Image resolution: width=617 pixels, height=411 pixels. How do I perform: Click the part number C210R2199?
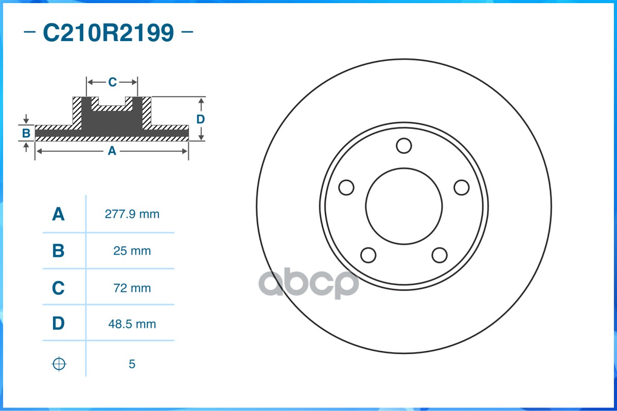click(108, 33)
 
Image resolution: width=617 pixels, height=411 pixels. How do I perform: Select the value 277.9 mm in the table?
click(132, 214)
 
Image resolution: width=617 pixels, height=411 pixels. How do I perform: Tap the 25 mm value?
click(132, 251)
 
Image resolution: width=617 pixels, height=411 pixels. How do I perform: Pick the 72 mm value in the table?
click(132, 288)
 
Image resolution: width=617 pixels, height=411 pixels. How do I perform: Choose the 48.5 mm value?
click(132, 325)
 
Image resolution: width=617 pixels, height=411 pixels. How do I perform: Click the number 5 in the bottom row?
click(132, 364)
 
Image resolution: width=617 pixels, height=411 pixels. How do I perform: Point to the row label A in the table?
click(58, 214)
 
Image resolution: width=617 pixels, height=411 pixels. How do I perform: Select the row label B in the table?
click(58, 251)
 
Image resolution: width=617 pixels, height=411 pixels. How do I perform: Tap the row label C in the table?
click(58, 288)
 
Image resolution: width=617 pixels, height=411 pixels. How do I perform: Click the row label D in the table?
click(58, 324)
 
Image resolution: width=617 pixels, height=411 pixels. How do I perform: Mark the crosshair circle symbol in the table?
click(59, 364)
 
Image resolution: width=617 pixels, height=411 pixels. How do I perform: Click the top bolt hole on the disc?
click(404, 146)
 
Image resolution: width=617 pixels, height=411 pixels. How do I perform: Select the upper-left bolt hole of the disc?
click(347, 188)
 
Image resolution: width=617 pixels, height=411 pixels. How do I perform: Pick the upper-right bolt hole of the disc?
click(462, 188)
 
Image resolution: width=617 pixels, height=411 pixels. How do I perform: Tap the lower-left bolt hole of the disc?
click(368, 255)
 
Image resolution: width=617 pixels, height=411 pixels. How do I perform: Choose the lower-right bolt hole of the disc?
click(439, 255)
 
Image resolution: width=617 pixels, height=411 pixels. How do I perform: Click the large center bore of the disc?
click(404, 206)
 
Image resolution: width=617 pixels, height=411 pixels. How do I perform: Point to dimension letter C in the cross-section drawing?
click(112, 82)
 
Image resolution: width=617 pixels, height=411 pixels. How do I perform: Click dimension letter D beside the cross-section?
click(201, 119)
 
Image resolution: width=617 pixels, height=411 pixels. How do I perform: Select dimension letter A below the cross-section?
click(112, 151)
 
